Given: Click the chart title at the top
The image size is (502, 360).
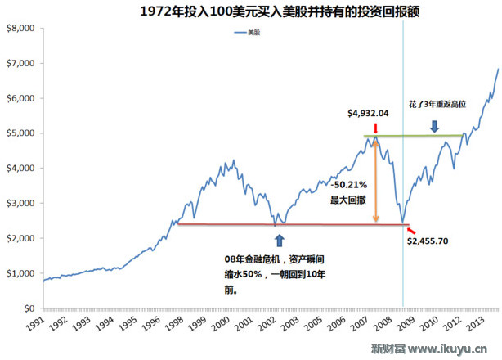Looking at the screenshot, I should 250,11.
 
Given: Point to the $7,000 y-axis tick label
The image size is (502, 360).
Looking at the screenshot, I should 20,63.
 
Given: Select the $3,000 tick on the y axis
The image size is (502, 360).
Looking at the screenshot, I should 20,203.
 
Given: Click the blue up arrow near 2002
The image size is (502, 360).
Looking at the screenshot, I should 280,241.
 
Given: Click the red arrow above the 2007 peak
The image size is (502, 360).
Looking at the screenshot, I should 374,128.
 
